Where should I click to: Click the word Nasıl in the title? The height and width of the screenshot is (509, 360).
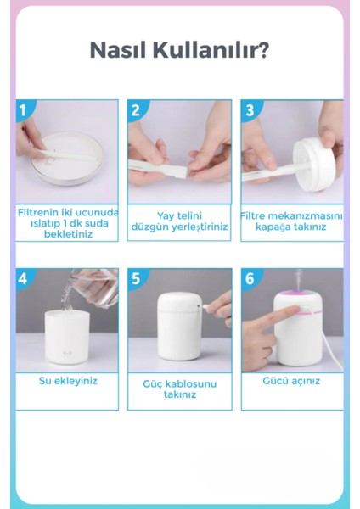point(118,50)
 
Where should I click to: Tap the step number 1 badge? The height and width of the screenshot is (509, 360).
point(23,110)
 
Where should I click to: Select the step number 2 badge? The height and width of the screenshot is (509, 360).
point(136,110)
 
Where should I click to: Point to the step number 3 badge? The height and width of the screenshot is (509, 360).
point(250,110)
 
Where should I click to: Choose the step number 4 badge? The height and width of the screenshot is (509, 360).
point(23,278)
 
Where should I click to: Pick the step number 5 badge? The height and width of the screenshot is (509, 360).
point(136,278)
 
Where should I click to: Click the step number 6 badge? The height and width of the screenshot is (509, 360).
point(250,278)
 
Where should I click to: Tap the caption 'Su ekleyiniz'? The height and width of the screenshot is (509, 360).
point(68,381)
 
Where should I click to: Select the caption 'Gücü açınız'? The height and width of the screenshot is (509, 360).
point(291,381)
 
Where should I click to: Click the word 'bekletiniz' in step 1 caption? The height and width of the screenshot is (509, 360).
point(68,234)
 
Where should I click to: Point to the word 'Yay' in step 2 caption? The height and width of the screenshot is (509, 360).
point(165,216)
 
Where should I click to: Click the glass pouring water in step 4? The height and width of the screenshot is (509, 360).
point(94,288)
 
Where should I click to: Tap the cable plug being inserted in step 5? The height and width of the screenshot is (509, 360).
point(205,306)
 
